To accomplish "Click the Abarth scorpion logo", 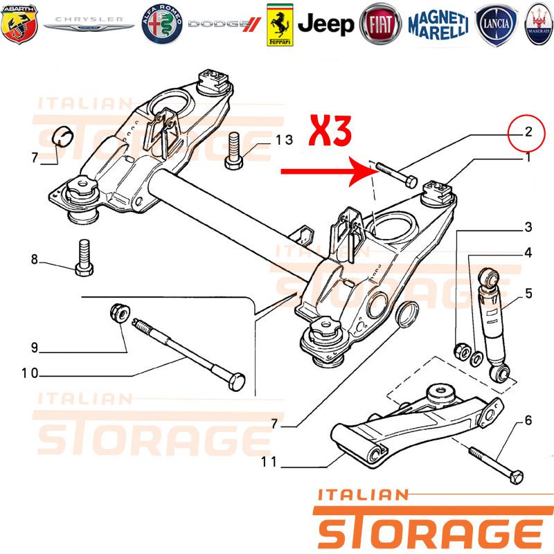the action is point(19,24).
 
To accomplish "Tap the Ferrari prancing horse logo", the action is point(280,25).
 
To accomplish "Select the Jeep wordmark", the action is point(325,24).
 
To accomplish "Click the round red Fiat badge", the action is point(380,24).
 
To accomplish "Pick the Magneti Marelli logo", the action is point(438,24).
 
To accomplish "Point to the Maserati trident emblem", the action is point(539,24).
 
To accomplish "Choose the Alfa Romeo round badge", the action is point(162,24).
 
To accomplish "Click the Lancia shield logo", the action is point(497,25).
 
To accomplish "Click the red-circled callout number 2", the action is point(528,132).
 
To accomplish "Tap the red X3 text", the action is point(330,131).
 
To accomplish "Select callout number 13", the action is point(285,140).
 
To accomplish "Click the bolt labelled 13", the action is point(233,151).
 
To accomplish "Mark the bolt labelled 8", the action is point(84,258).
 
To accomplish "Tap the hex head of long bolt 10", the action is point(237,382).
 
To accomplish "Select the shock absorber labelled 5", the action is point(494,325).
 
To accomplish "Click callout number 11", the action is point(269,461).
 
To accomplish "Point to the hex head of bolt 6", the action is point(517,477).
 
